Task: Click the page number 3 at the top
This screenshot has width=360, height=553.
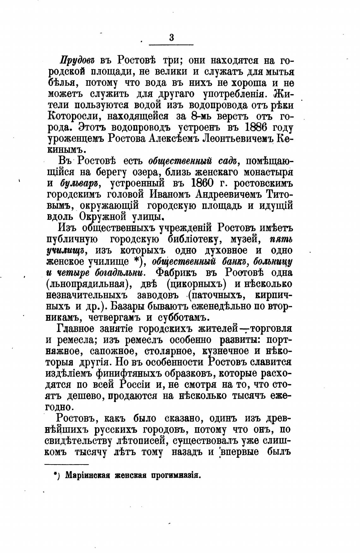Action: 171,38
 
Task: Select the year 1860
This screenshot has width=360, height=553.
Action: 204,183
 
